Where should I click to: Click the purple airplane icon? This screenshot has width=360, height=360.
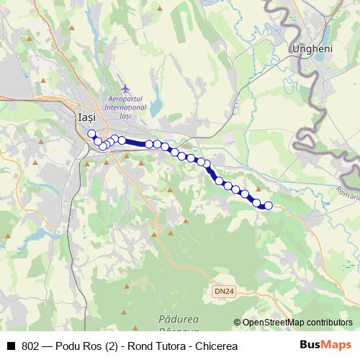pyautogui.click(x=125, y=89)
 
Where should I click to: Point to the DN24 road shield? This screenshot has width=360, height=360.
pyautogui.click(x=225, y=292)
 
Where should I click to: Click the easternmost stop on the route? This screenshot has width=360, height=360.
pyautogui.click(x=269, y=206)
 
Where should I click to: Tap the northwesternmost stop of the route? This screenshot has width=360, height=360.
pyautogui.click(x=91, y=133)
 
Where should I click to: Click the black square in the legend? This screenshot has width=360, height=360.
pyautogui.click(x=11, y=346)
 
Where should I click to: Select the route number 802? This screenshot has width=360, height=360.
pyautogui.click(x=31, y=346)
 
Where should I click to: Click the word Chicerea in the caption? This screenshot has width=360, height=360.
pyautogui.click(x=215, y=346)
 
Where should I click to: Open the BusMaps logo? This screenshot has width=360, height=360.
pyautogui.click(x=325, y=345)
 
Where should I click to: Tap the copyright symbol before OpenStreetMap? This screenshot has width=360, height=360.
pyautogui.click(x=238, y=323)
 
